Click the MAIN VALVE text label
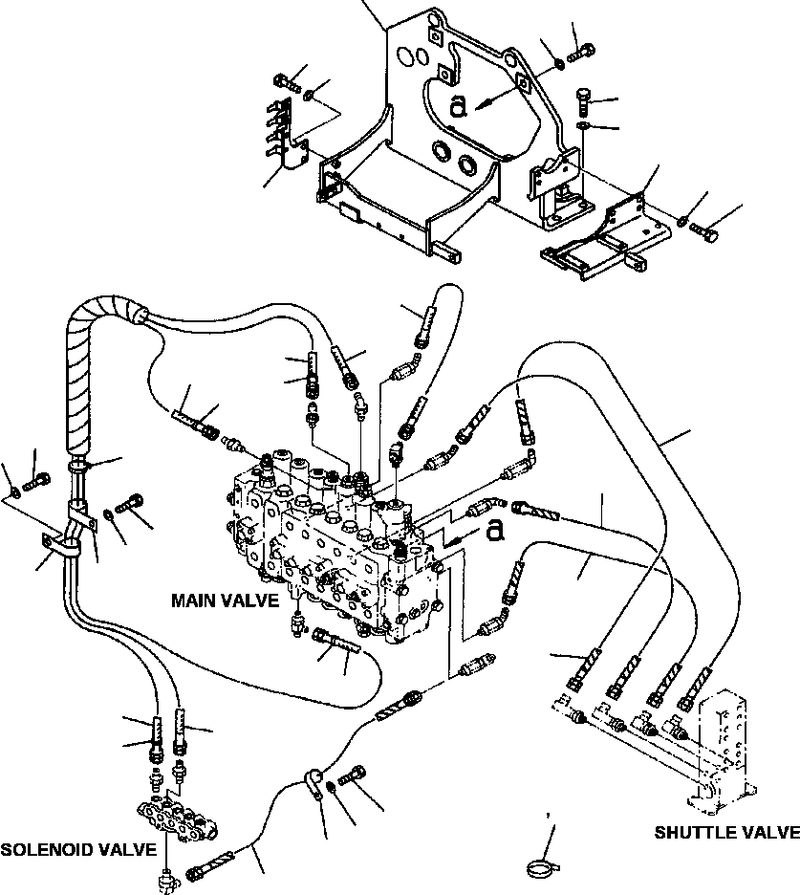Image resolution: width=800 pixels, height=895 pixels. coord(225,600)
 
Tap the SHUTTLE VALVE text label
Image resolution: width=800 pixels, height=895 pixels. coord(726,832)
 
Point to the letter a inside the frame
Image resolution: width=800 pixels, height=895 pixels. coord(460,106)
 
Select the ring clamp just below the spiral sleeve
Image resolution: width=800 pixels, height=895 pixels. coord(80,467)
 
